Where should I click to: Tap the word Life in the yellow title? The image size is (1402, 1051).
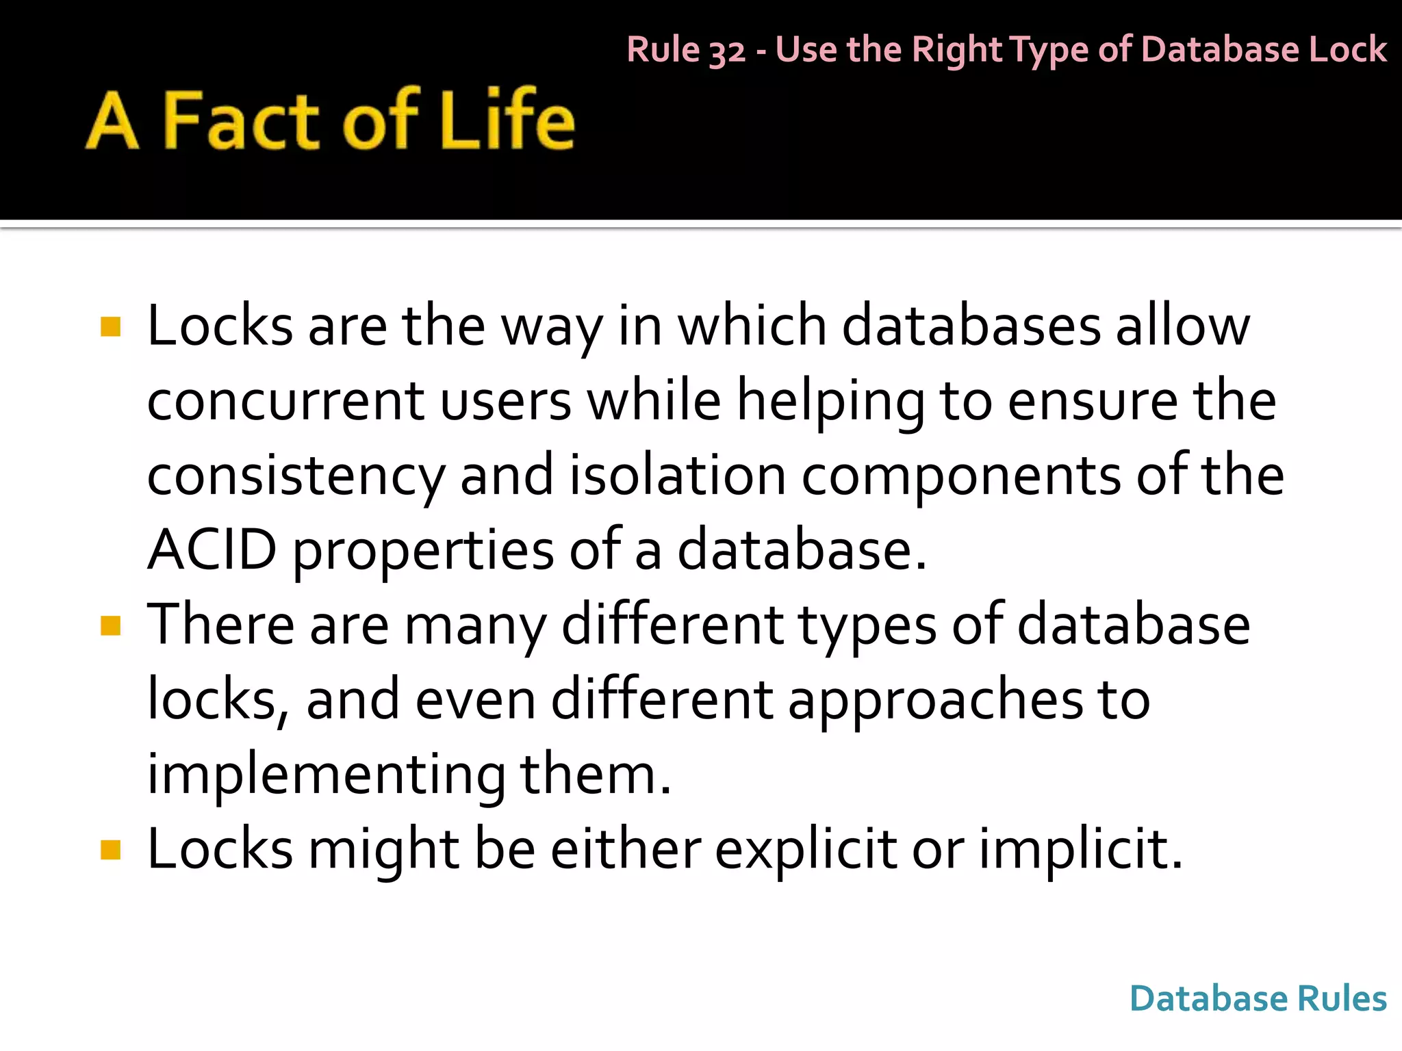tap(507, 121)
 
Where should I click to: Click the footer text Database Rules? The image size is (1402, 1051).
tap(1258, 998)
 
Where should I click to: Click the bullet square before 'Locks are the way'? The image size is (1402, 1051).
tap(110, 326)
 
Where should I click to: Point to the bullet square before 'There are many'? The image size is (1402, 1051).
tap(110, 625)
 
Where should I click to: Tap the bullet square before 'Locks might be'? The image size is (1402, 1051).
tap(110, 850)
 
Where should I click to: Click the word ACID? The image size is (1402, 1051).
tap(212, 549)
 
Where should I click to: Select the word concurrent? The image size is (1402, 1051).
tap(286, 401)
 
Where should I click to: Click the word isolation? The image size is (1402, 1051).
tap(678, 476)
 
